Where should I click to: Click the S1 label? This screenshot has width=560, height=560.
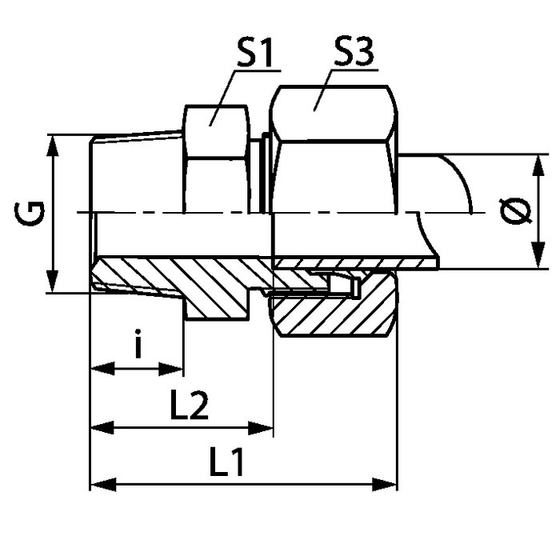pos(254,54)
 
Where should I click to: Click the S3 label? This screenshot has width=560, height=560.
pos(354,52)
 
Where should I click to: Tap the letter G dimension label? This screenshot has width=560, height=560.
pos(30,214)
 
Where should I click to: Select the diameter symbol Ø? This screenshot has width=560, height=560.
pos(516,211)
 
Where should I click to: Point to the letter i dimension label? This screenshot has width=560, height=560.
pos(138,343)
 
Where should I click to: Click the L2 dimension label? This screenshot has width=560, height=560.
pos(190,405)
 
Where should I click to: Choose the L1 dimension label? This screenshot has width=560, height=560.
pos(226,462)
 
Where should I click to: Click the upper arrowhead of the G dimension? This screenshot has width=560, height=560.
pos(53,146)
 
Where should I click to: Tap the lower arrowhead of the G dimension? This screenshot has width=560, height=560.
pos(53,282)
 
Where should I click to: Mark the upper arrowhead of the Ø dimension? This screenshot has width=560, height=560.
pos(538,166)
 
